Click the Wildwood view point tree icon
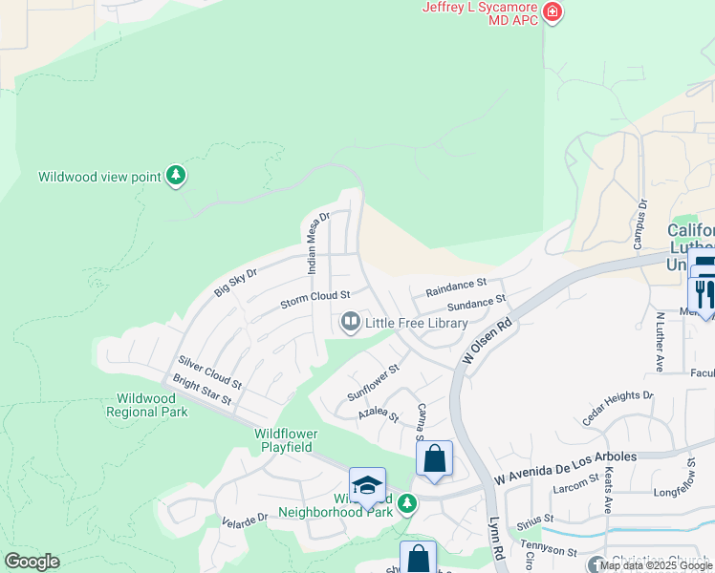[x=175, y=176]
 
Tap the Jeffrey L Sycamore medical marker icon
[x=552, y=12]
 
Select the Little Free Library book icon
[x=350, y=323]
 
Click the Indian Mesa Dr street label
[x=315, y=244]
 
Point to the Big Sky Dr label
[x=235, y=283]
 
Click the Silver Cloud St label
[x=209, y=371]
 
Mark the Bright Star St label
[x=203, y=391]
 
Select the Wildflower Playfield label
[x=285, y=440]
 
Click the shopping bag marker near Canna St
[x=435, y=458]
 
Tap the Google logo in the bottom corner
[x=32, y=562]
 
